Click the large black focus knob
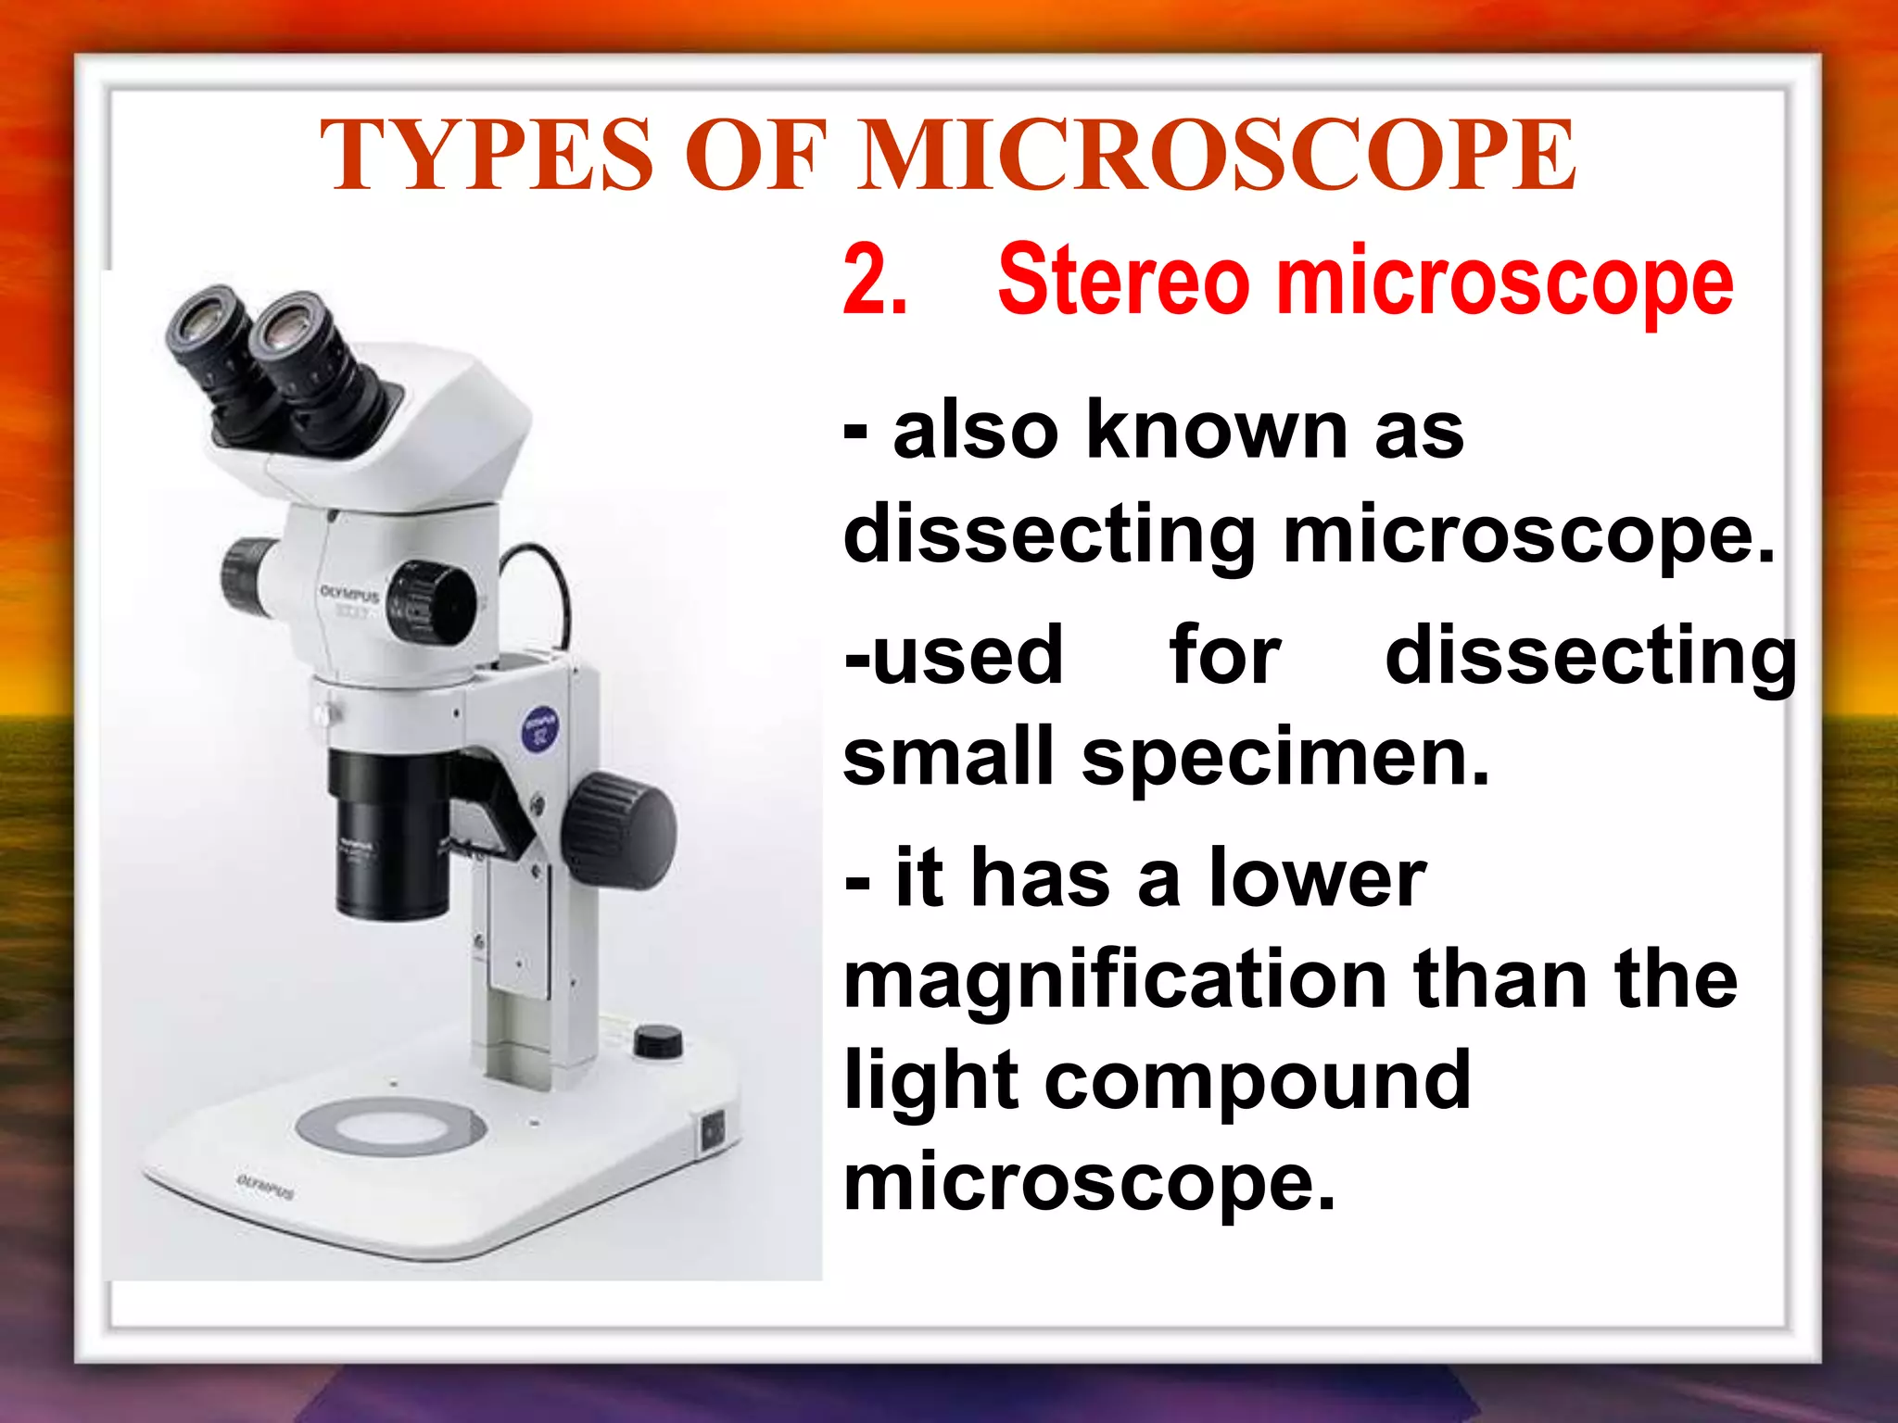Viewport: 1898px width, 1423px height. (620, 829)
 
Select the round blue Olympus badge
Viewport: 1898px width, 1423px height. (540, 728)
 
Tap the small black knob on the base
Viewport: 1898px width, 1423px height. (658, 1040)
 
